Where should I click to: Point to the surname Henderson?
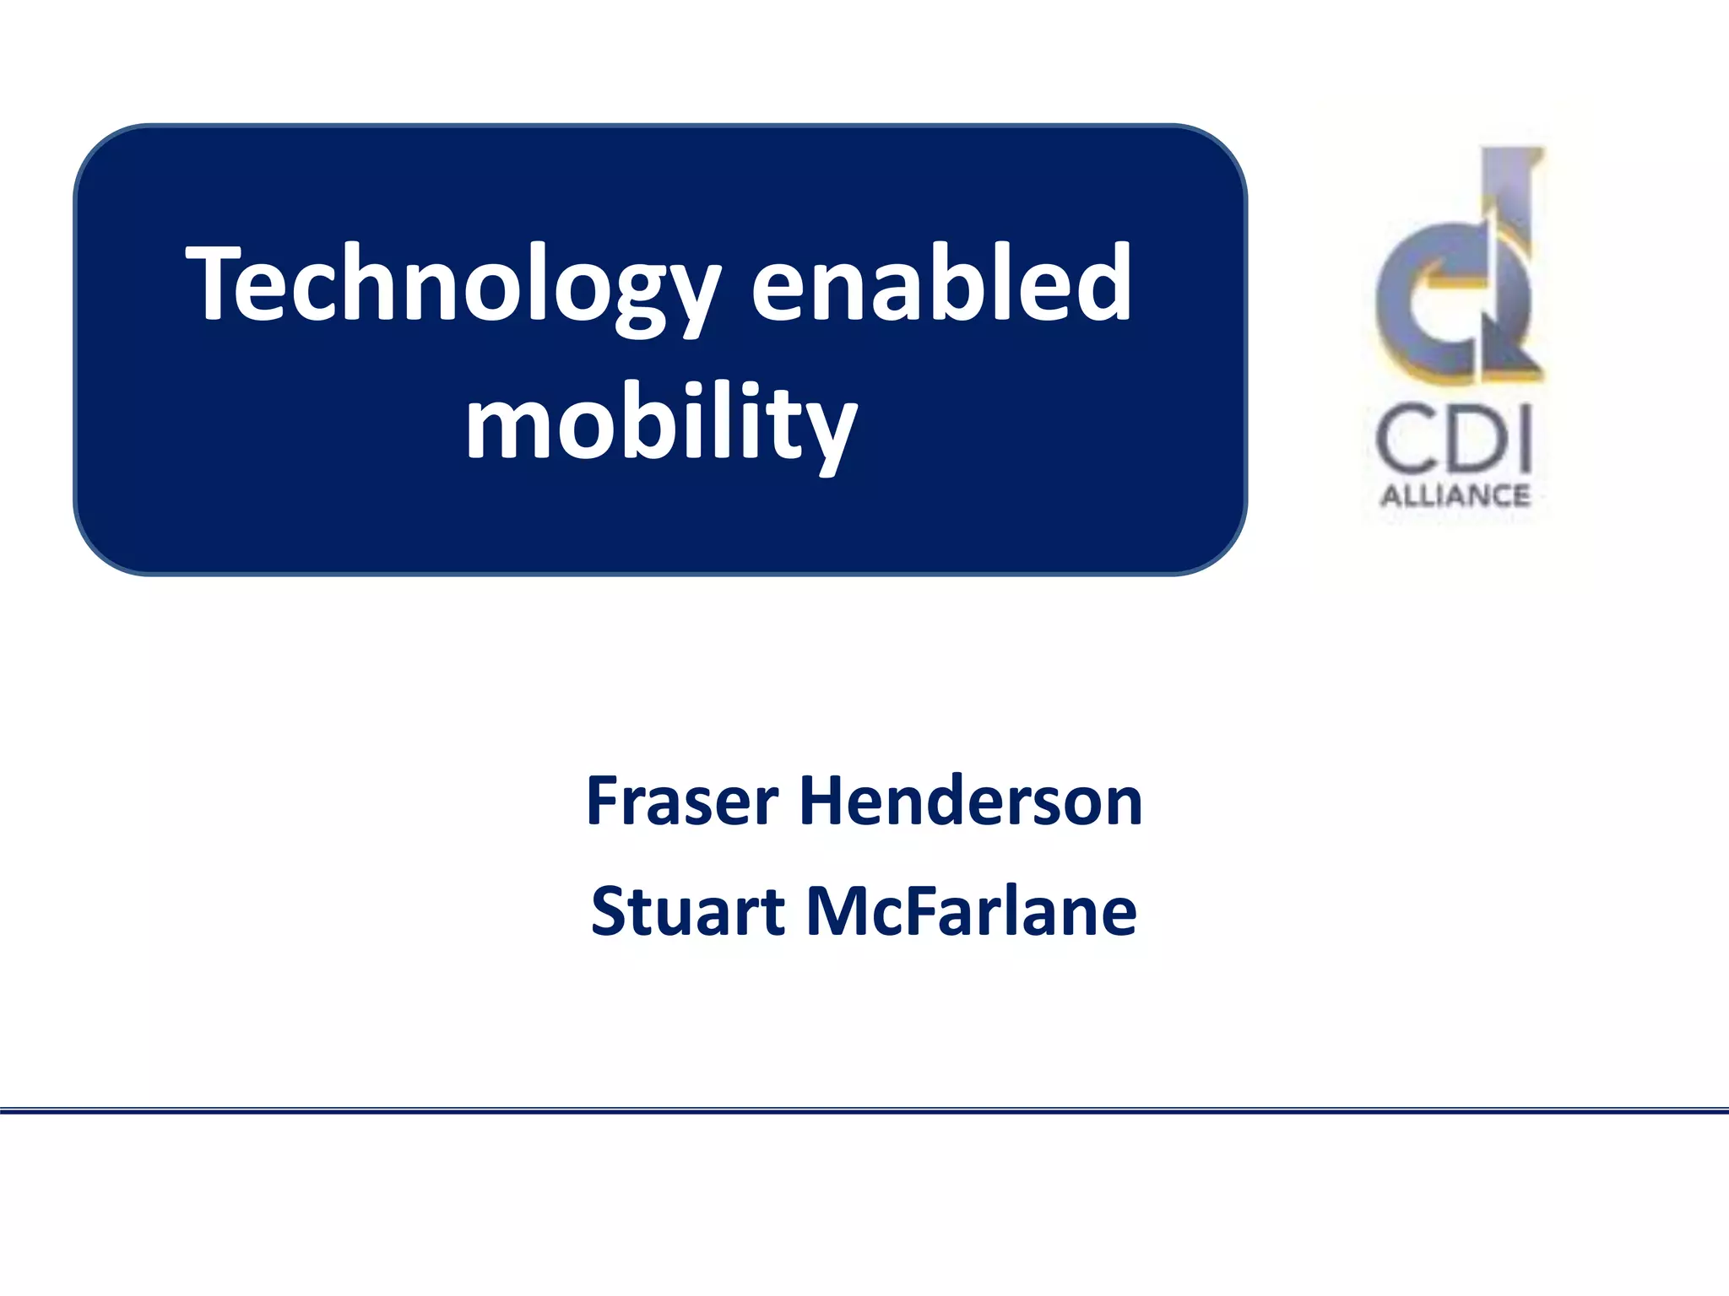point(971,800)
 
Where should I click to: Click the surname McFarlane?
point(972,911)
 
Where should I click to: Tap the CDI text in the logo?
point(1454,440)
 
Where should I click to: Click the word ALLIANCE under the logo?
point(1455,495)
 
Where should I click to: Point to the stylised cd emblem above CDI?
point(1458,270)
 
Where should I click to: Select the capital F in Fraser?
point(604,800)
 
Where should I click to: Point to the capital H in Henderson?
point(822,800)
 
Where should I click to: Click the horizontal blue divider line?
point(864,1111)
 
